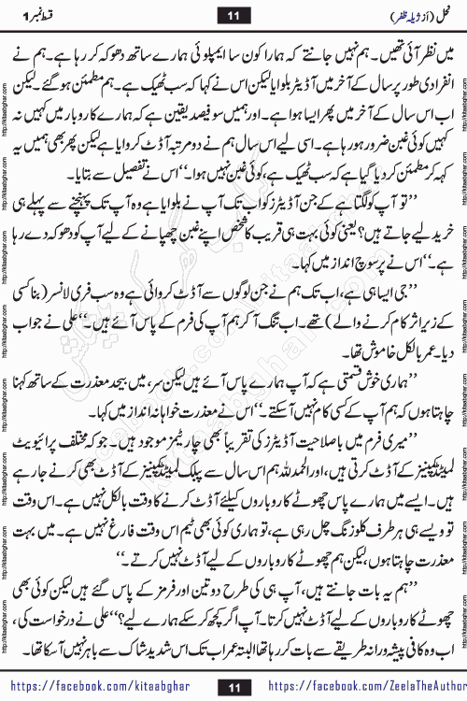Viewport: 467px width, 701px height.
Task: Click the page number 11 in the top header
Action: coord(233,14)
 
